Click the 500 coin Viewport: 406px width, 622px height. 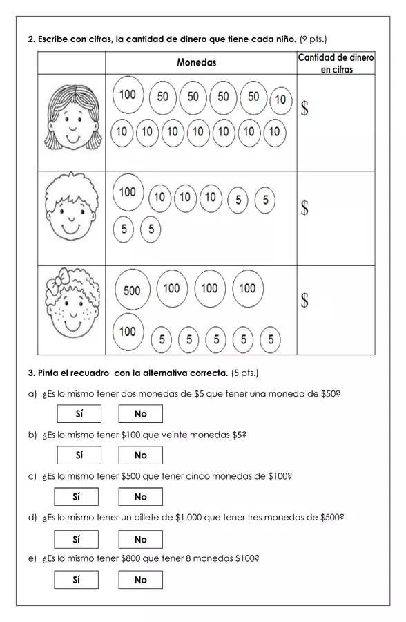tap(132, 290)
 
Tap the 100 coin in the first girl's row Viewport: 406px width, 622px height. tap(128, 95)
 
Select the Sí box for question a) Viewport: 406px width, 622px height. tap(79, 414)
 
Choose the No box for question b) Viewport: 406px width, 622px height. tap(141, 455)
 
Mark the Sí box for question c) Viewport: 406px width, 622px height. tap(77, 497)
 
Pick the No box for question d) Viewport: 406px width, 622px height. tap(141, 540)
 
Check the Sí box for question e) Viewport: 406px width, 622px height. tap(77, 580)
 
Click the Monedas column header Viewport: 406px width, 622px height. tap(197, 62)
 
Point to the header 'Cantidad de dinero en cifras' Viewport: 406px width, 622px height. tap(336, 64)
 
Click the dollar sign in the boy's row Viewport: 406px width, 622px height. tap(304, 207)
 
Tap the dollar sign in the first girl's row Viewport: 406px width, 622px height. tap(304, 108)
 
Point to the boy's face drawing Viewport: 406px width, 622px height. tap(72, 207)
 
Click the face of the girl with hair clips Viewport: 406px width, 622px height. tap(72, 117)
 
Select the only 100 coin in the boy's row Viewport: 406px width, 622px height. tap(128, 192)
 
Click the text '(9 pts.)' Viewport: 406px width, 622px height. tap(313, 39)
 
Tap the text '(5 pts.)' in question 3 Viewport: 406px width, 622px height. tap(244, 373)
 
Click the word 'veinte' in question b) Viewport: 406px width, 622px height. tap(164, 435)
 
